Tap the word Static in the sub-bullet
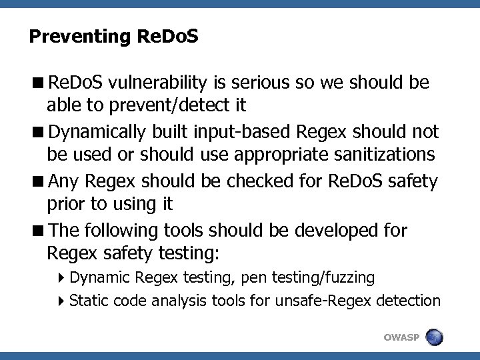[89, 301]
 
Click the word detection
[408, 301]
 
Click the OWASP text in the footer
[401, 337]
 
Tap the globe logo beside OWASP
[435, 337]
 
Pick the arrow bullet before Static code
[61, 301]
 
